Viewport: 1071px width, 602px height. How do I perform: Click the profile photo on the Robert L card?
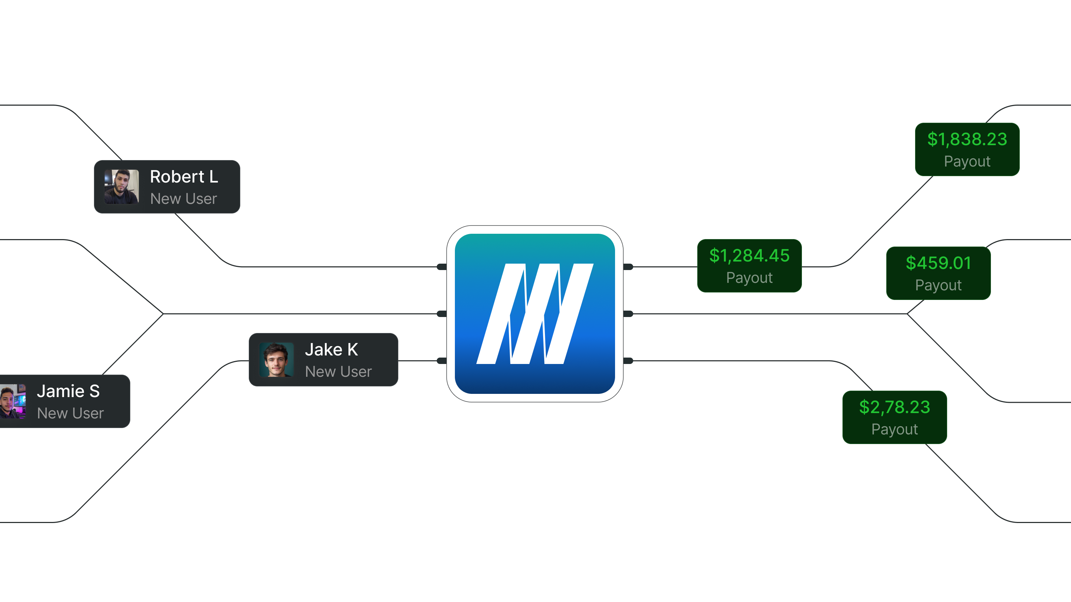[121, 186]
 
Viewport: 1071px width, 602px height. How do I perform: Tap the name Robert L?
[184, 176]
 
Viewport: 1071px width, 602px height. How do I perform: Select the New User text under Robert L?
[183, 199]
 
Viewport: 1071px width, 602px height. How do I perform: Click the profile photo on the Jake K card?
[277, 359]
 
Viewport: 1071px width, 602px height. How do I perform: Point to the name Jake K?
[331, 349]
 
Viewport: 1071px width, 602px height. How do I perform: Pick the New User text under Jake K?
[338, 371]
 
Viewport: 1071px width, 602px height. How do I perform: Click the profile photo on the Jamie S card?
[13, 401]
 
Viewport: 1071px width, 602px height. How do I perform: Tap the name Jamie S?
[68, 391]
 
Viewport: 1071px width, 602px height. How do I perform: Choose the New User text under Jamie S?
[70, 413]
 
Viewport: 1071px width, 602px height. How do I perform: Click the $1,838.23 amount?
[967, 139]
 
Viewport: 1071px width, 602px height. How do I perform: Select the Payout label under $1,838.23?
[967, 161]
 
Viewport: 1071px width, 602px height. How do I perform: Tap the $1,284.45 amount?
[749, 255]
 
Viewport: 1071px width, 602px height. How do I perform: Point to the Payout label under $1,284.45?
[749, 278]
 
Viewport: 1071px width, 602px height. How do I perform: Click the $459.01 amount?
[938, 263]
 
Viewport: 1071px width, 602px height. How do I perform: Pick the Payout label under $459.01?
[938, 285]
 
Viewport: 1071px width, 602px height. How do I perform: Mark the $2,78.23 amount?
[894, 407]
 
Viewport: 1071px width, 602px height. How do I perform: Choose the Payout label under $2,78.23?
[894, 429]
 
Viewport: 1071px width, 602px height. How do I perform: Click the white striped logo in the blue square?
[535, 314]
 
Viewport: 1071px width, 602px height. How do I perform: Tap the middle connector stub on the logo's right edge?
[628, 314]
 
